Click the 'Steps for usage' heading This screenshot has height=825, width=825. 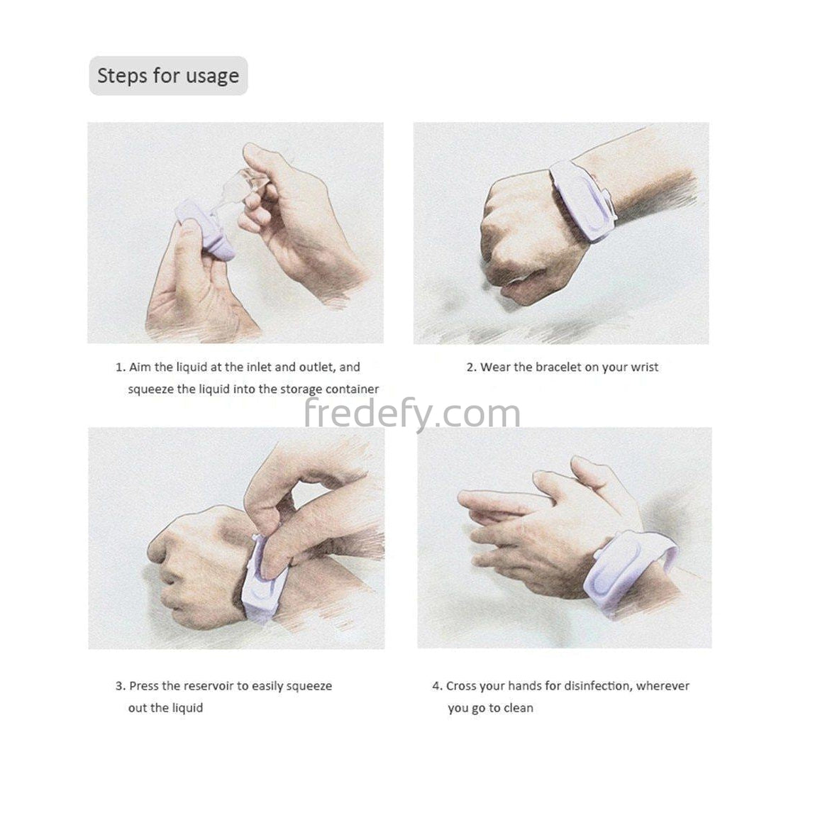coord(168,76)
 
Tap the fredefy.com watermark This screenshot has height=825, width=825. coord(413,414)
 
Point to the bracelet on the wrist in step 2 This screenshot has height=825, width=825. coord(584,203)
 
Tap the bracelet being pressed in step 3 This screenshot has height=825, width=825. coord(263,582)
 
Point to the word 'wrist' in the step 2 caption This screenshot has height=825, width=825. coord(645,367)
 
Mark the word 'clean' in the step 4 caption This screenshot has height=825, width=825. coord(519,708)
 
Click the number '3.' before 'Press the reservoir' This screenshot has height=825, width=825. coord(121,686)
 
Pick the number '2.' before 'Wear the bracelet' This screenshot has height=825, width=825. coord(472,367)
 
